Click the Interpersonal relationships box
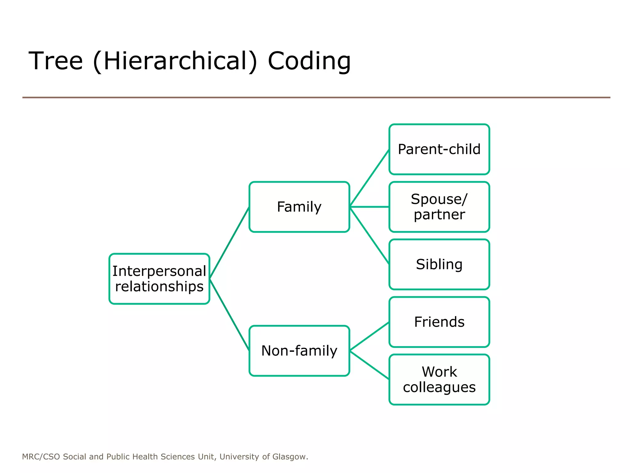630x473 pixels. pyautogui.click(x=159, y=279)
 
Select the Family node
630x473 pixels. pyautogui.click(x=299, y=207)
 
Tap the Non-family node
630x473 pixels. pyautogui.click(x=299, y=350)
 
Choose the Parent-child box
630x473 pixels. pyautogui.click(x=439, y=149)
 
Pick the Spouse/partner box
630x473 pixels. pyautogui.click(x=439, y=207)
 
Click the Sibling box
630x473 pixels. pyautogui.click(x=439, y=264)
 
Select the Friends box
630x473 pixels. pyautogui.click(x=439, y=322)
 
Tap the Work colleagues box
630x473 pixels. pyautogui.click(x=439, y=379)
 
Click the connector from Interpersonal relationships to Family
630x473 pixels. pyautogui.click(x=229, y=243)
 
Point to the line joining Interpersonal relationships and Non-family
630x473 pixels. pyautogui.click(x=229, y=315)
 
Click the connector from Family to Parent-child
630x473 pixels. pyautogui.click(x=369, y=178)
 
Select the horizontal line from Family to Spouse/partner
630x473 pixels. pyautogui.click(x=369, y=207)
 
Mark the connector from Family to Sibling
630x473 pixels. pyautogui.click(x=369, y=235)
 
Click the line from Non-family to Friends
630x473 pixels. pyautogui.click(x=369, y=336)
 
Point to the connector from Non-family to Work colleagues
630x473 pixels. pyautogui.click(x=369, y=365)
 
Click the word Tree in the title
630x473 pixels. pyautogui.click(x=56, y=61)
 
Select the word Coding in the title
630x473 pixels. pyautogui.click(x=309, y=61)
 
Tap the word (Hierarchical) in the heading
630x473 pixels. pyautogui.click(x=175, y=61)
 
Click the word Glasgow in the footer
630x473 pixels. pyautogui.click(x=289, y=457)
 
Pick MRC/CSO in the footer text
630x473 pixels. pyautogui.click(x=41, y=457)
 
